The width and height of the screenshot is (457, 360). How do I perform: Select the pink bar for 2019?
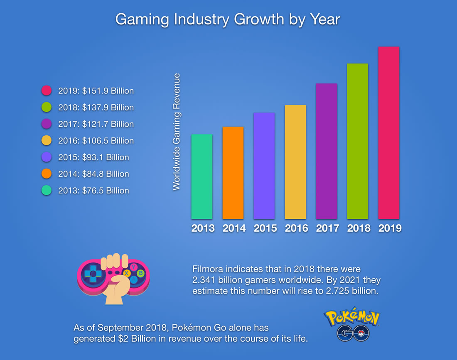coord(388,133)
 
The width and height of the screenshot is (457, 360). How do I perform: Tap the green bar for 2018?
coord(357,141)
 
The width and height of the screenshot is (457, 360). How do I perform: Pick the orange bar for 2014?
coord(233,173)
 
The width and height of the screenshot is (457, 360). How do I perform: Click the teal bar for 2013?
coord(201,176)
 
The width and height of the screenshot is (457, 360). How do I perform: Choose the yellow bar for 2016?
coord(295,162)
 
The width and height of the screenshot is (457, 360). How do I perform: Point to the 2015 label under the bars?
coord(265,228)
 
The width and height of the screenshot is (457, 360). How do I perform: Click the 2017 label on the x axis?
coord(327,228)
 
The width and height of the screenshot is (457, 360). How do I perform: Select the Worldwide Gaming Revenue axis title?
coord(177,132)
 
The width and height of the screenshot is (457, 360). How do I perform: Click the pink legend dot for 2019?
coord(46,91)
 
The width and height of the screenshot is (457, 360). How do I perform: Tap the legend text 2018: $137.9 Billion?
coord(96,108)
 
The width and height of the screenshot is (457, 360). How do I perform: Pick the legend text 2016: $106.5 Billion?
coord(96,141)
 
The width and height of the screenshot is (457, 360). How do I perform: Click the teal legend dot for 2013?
coord(46,191)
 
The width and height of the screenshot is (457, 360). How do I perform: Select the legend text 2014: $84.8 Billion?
coord(93,174)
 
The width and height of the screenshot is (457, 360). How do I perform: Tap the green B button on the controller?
coord(141,273)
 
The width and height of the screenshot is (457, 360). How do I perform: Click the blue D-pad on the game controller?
coord(93,274)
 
